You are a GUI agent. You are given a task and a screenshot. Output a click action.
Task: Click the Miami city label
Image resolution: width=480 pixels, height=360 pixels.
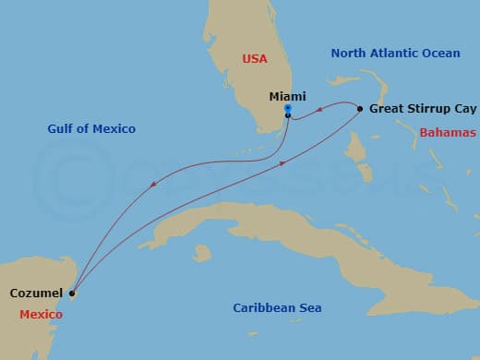(287, 96)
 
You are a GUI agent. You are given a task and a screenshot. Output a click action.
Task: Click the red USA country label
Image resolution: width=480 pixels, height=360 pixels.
(255, 58)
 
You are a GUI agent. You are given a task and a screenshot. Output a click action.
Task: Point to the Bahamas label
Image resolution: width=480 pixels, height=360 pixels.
(448, 133)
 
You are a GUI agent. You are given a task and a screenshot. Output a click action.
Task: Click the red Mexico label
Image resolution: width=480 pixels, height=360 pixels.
(42, 315)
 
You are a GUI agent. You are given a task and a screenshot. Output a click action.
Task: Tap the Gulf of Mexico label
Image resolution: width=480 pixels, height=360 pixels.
(91, 128)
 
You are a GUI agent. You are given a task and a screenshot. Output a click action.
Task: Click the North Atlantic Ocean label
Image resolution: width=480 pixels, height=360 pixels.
(395, 54)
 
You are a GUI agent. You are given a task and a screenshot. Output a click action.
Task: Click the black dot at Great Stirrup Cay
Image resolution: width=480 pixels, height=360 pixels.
(360, 108)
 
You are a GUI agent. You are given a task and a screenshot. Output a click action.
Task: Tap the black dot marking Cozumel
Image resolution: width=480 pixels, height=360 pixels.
(71, 294)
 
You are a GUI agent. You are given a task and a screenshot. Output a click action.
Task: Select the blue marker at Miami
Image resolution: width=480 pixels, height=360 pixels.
(288, 109)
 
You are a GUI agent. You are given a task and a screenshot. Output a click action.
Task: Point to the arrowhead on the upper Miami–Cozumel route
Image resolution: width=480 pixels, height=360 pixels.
(153, 184)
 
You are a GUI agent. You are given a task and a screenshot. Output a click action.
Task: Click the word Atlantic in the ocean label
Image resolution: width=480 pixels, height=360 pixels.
(395, 54)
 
